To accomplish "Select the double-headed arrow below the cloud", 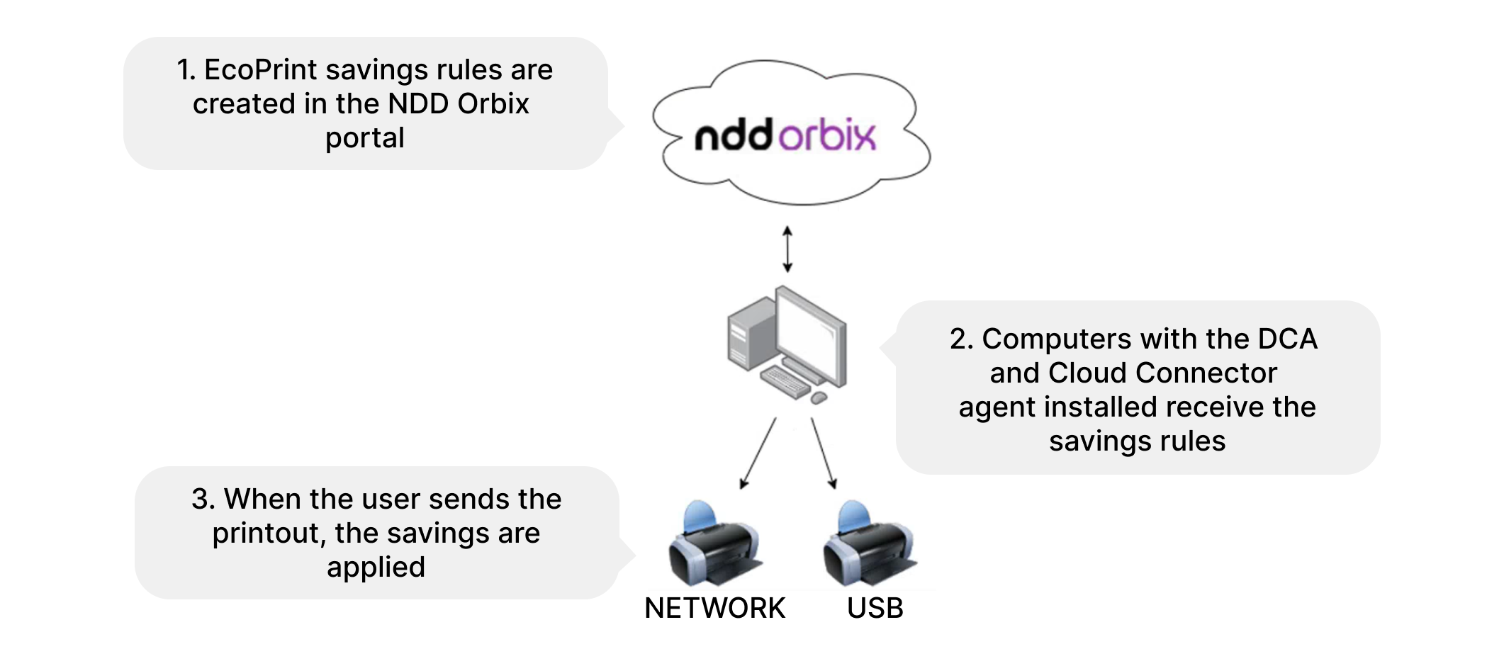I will pyautogui.click(x=787, y=249).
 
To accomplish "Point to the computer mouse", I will pyautogui.click(x=819, y=398).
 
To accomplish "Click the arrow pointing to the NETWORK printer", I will pyautogui.click(x=758, y=453).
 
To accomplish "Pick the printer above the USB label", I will pyautogui.click(x=869, y=546).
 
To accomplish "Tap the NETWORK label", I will pyautogui.click(x=714, y=608).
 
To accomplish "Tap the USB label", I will pyautogui.click(x=875, y=608).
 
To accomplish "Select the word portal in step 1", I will pyautogui.click(x=365, y=138).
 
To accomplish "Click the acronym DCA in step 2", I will pyautogui.click(x=1287, y=339).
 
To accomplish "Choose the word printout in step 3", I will pyautogui.click(x=269, y=534).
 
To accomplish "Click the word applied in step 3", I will pyautogui.click(x=376, y=568).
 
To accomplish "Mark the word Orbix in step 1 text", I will pyautogui.click(x=493, y=104).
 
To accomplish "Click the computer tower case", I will pyautogui.click(x=750, y=333).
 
